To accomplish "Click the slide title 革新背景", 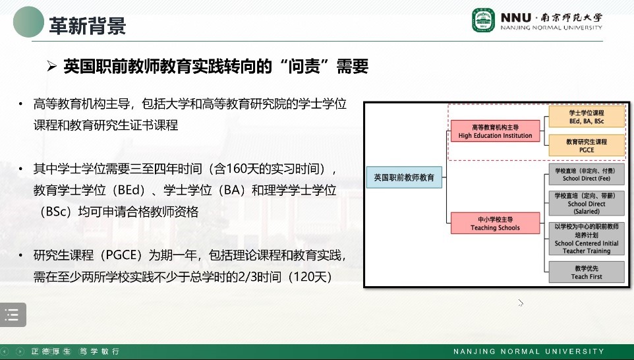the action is point(88,26).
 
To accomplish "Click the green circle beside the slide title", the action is point(28,22).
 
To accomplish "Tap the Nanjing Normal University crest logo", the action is point(483,20).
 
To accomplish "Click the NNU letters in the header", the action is point(515,17).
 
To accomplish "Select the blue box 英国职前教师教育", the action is point(404,177).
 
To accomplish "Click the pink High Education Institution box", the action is point(496,131).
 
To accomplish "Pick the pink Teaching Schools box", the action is point(496,224).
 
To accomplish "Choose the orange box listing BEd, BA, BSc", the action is point(587,117).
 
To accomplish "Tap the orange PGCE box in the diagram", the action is point(587,146).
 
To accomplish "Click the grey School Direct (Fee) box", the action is point(587,174).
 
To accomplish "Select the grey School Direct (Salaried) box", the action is point(587,204).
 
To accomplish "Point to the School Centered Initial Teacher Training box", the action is point(587,239).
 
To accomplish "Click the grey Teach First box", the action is point(587,272).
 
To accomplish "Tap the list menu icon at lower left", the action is point(13,315).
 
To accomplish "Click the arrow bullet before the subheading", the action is point(51,65).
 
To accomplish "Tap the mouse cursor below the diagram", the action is point(521,303).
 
